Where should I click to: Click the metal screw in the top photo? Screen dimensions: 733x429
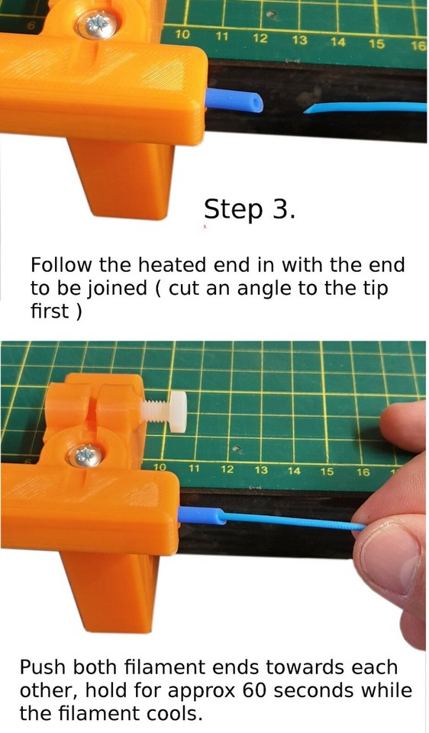tap(96, 25)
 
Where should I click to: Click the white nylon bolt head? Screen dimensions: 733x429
tap(176, 413)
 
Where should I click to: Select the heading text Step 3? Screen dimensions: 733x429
tap(249, 209)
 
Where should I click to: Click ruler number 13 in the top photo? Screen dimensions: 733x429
tap(299, 40)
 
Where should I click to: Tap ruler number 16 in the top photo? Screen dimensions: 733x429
tap(418, 46)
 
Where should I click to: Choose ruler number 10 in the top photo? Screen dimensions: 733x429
tap(183, 35)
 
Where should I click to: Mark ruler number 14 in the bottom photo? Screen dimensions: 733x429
tap(294, 471)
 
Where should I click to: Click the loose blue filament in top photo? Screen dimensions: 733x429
tap(366, 108)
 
